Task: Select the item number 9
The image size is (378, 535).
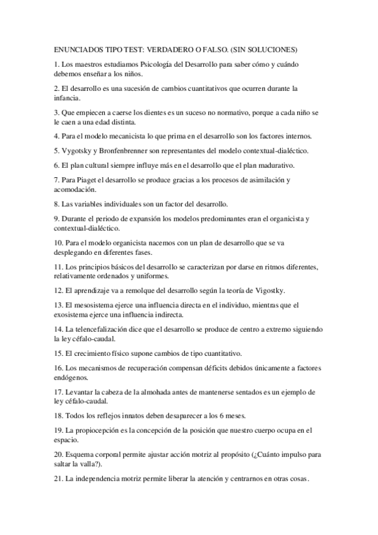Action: click(56, 219)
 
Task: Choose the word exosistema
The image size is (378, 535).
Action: click(75, 314)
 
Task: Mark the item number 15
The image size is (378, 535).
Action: click(59, 353)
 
